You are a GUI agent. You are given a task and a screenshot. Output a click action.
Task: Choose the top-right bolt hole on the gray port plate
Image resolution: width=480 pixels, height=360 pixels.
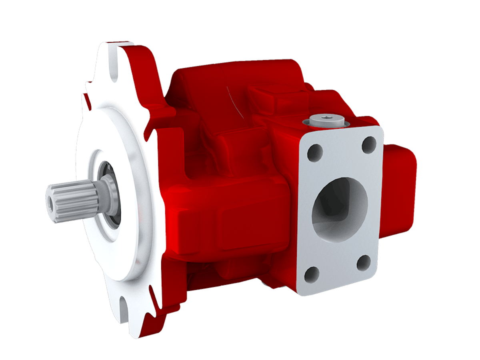point(369,144)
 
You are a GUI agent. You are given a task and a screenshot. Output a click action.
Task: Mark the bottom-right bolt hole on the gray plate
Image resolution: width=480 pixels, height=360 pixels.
point(364,262)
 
